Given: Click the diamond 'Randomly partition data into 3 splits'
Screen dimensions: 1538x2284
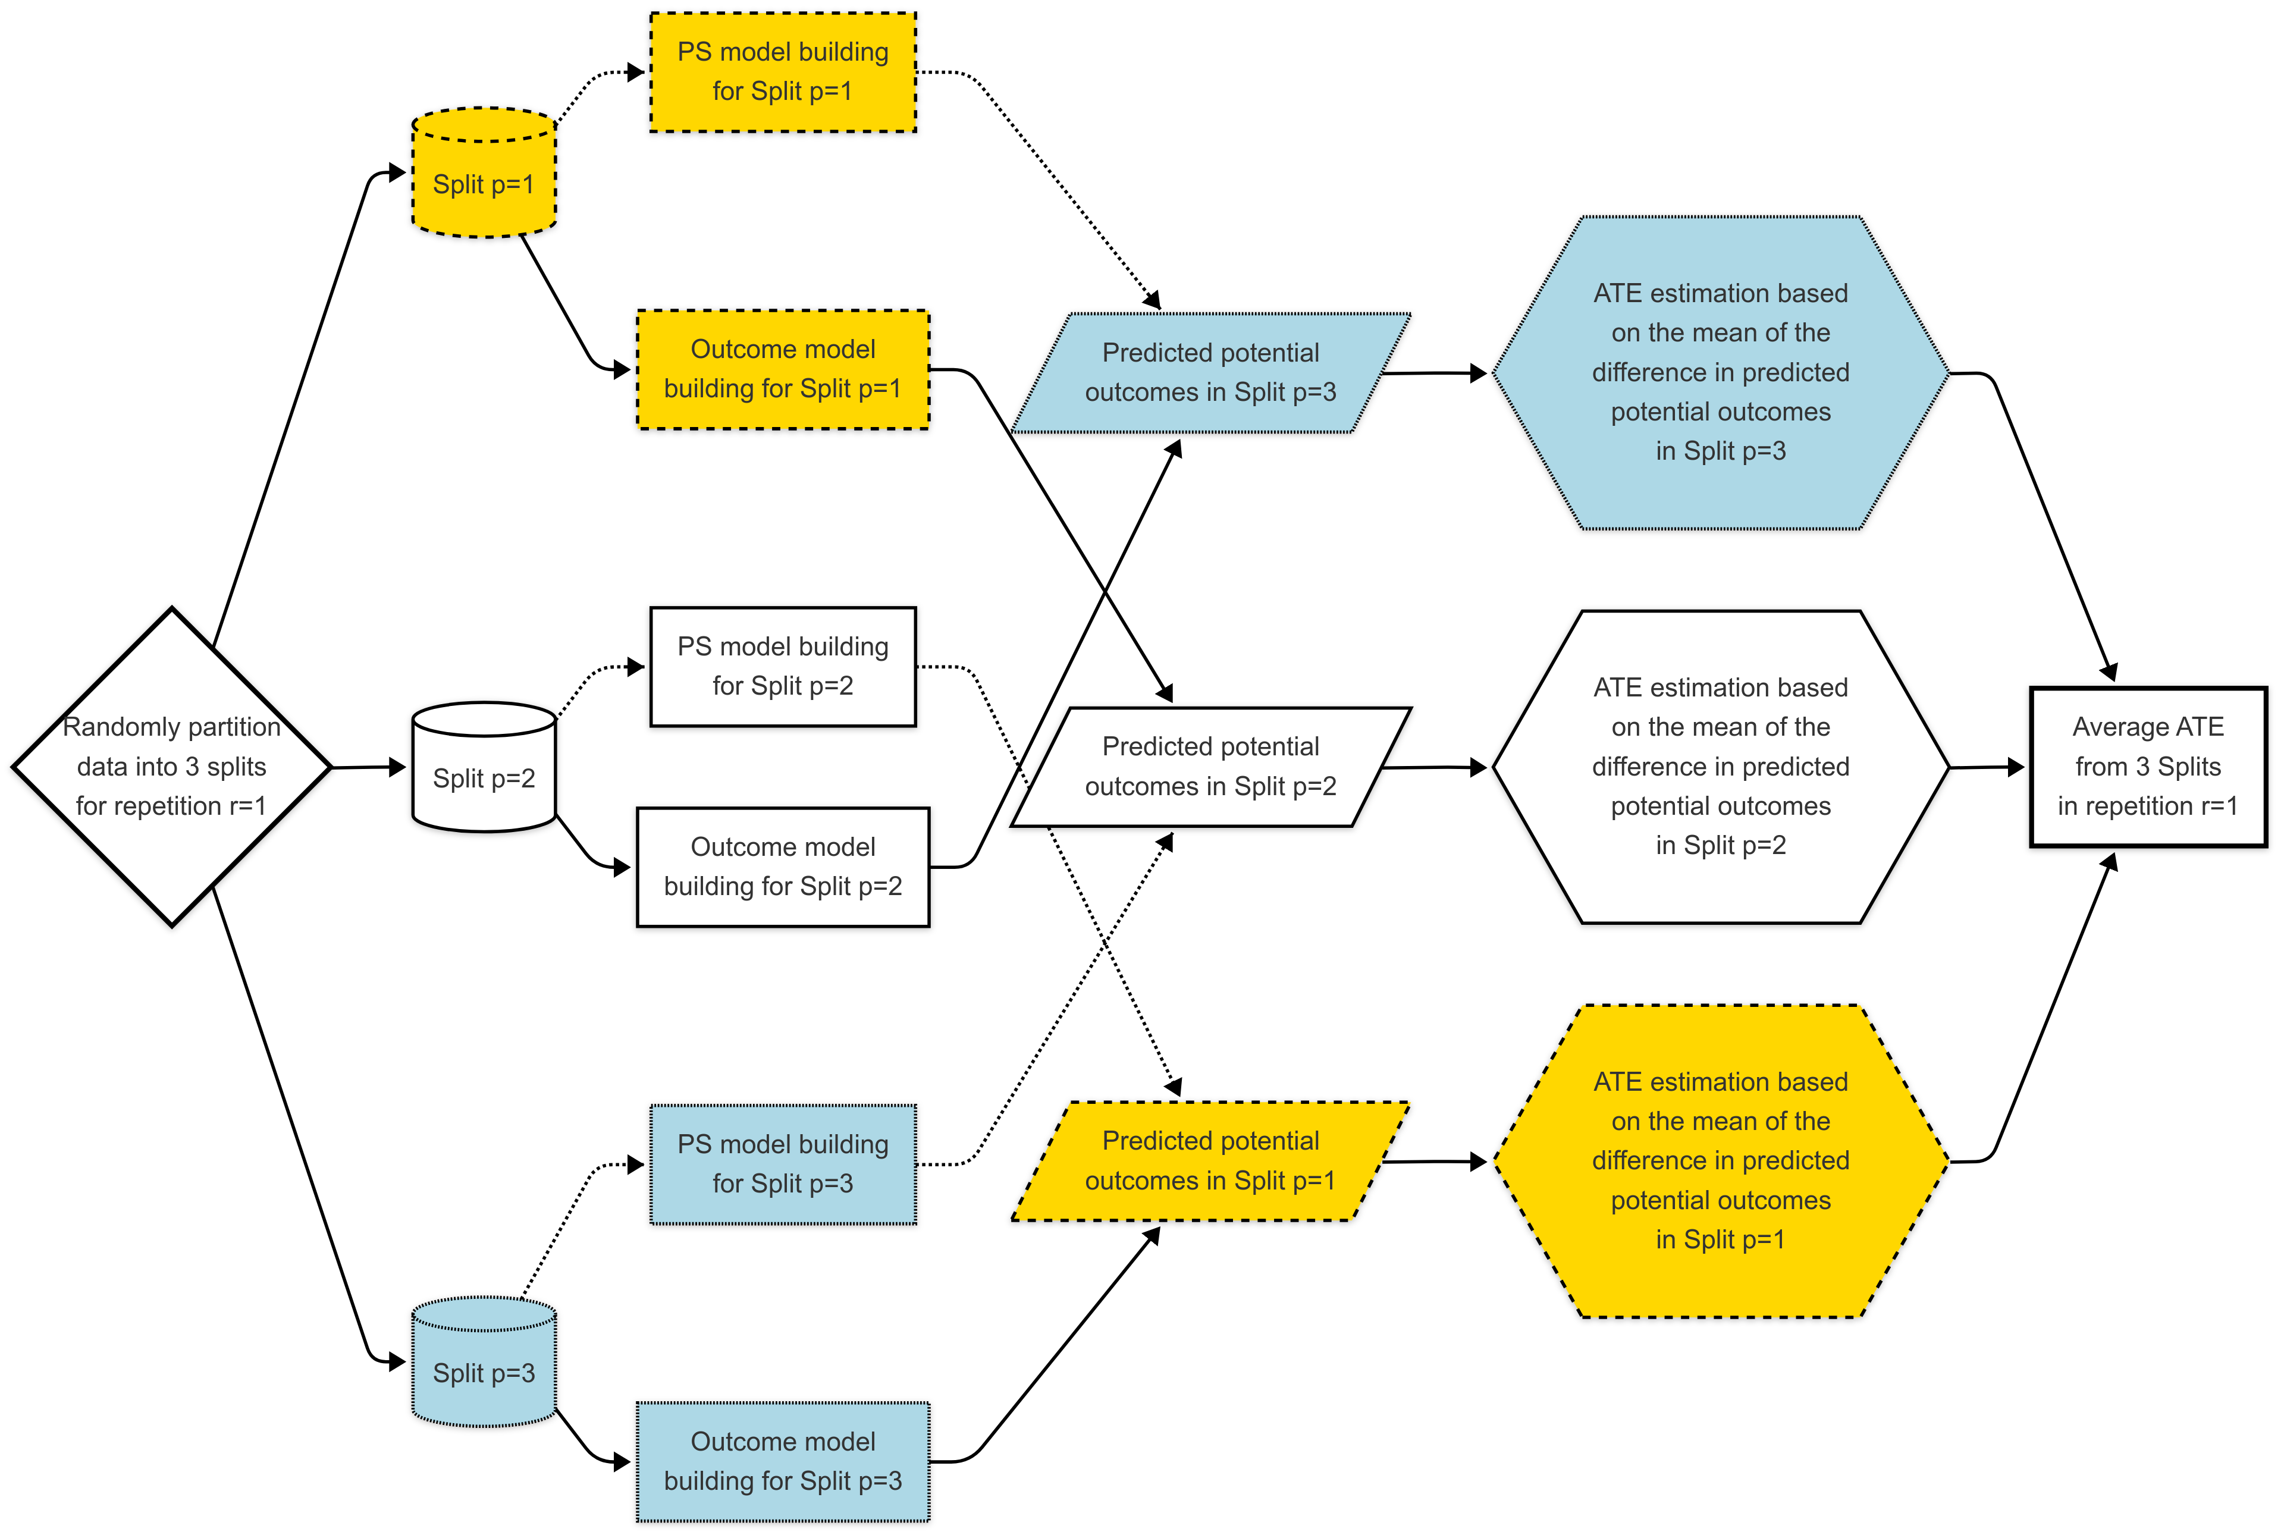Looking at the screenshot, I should pos(172,766).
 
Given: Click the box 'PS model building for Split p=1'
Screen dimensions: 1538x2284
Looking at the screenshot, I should pos(783,71).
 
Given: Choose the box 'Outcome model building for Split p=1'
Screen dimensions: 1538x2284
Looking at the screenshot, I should pos(783,369).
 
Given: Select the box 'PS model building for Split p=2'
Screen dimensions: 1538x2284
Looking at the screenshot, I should pos(783,666).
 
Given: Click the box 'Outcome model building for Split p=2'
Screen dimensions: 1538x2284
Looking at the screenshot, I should pos(783,866).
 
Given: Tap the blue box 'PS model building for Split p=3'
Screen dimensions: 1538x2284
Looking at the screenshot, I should pos(783,1165).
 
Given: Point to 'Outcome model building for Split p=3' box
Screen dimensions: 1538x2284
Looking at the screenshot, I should pos(783,1461).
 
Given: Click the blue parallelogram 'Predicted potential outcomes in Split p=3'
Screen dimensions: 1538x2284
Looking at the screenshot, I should pos(1210,373).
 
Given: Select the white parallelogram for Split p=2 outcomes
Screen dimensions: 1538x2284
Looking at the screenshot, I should pos(1210,767).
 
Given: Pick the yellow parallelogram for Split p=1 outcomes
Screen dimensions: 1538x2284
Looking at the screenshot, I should pos(1210,1162).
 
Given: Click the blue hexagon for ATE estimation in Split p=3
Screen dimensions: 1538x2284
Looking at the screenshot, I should pos(1720,373).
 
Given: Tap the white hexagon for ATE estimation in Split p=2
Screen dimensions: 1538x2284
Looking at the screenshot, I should pos(1720,767).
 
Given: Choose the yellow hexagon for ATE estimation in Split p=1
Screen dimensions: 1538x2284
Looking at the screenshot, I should pos(1720,1162).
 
